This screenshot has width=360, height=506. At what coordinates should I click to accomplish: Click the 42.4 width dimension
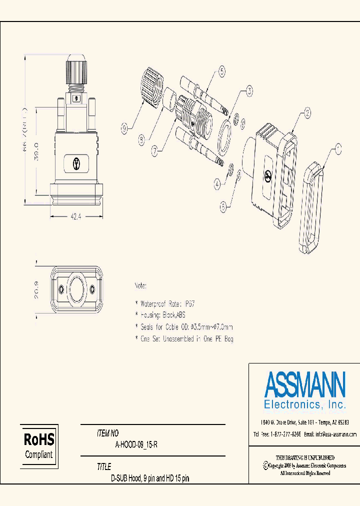click(76, 216)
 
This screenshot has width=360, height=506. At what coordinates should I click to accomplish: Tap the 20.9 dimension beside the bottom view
click(36, 289)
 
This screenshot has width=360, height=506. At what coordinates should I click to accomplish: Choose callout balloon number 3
click(248, 91)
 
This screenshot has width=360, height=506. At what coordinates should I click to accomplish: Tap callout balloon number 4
click(216, 184)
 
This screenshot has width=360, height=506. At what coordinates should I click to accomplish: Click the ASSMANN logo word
click(304, 384)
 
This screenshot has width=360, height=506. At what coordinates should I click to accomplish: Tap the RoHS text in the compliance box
click(39, 440)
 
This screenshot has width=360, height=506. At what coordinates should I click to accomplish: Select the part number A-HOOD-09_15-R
click(136, 445)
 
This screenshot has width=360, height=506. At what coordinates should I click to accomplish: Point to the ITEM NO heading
click(108, 433)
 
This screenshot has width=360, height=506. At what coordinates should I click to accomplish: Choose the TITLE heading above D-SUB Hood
click(104, 467)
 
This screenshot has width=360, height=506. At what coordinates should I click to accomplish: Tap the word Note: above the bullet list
click(140, 286)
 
